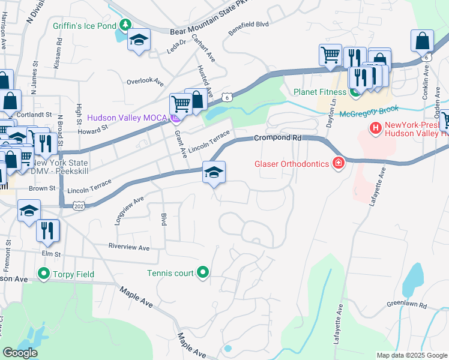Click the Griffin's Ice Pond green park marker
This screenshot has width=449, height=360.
pos(125,25)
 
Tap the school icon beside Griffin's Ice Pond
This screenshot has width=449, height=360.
pos(139,40)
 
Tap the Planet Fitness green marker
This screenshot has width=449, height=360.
pos(355,92)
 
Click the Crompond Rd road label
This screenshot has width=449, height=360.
pos(277,137)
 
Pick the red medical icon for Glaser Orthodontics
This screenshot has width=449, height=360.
pos(339,163)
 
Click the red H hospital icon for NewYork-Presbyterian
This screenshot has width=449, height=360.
pos(376,127)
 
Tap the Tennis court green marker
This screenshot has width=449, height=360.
pos(203,273)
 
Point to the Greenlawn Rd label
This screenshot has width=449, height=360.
pos(406,304)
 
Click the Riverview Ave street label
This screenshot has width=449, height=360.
pos(128,247)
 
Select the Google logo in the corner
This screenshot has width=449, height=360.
pos(20,353)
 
